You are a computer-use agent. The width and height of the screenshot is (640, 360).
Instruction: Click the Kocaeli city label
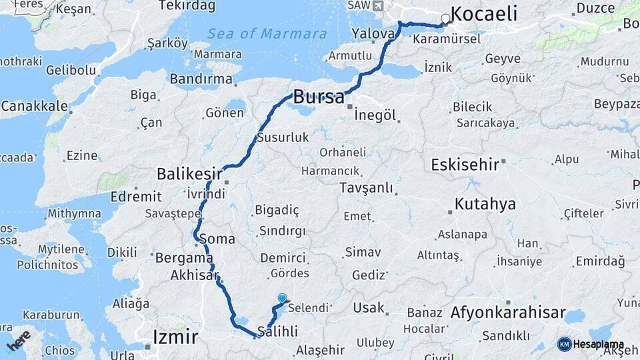pyautogui.click(x=484, y=13)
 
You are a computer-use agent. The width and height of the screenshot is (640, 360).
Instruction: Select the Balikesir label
pyautogui.click(x=189, y=174)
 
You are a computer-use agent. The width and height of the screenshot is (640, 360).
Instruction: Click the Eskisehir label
pyautogui.click(x=465, y=165)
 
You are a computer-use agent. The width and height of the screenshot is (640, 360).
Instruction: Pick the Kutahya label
pyautogui.click(x=485, y=204)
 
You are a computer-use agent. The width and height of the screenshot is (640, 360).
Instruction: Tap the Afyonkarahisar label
pyautogui.click(x=508, y=313)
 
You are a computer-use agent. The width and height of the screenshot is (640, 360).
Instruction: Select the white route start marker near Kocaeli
pyautogui.click(x=445, y=19)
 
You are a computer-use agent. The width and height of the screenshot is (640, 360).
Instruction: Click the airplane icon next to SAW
pyautogui.click(x=379, y=5)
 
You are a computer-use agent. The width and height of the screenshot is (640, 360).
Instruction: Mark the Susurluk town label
pyautogui.click(x=283, y=138)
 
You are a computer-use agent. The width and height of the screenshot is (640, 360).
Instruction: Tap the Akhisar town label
pyautogui.click(x=194, y=275)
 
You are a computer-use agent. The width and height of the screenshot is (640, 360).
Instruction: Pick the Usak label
pyautogui.click(x=369, y=308)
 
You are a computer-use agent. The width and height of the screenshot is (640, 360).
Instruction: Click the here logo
pyautogui.click(x=18, y=340)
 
